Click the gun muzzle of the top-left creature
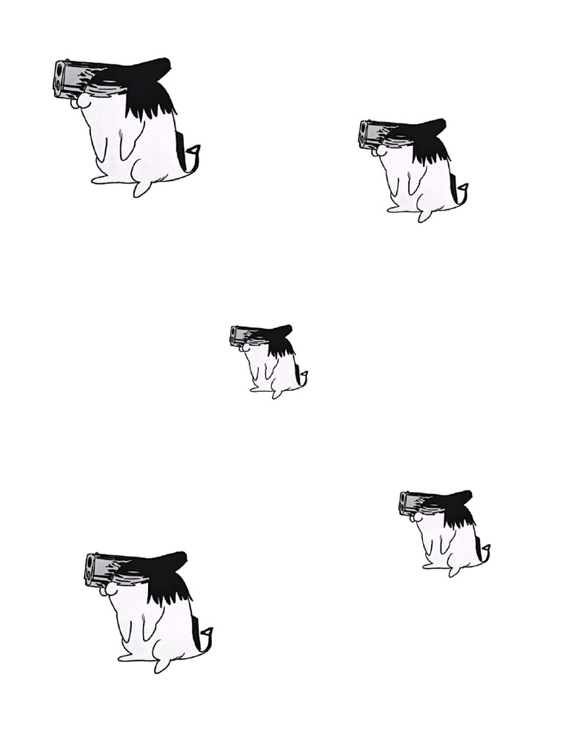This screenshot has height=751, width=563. pos(59,79)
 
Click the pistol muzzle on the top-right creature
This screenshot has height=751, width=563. pos(364,133)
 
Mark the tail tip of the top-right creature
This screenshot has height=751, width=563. pos(464,188)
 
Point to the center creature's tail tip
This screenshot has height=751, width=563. pos(304,375)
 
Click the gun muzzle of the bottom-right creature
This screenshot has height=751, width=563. pos(404,502)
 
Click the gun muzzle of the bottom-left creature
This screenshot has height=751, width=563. pos(90,570)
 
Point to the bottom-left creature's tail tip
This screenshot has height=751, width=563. pos(208,631)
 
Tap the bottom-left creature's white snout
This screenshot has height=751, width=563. pos(109,589)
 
